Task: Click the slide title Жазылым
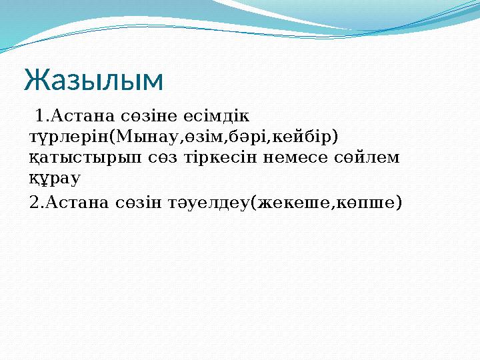pos(93,81)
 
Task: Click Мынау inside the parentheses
pos(146,137)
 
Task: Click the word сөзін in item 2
pos(136,201)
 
